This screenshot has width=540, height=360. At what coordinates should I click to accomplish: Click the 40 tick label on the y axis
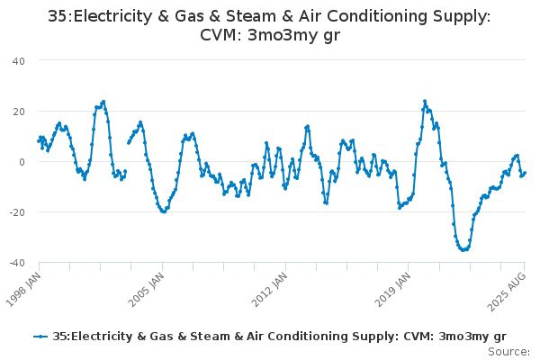(18, 60)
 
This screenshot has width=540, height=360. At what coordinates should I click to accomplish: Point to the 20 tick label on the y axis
(18, 111)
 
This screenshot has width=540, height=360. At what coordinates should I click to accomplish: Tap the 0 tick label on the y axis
(22, 162)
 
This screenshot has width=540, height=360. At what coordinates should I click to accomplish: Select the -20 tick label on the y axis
(16, 212)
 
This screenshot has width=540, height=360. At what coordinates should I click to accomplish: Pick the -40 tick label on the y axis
(16, 263)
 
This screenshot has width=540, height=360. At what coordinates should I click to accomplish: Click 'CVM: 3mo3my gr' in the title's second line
(270, 35)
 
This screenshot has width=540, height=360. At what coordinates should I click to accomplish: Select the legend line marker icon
(40, 337)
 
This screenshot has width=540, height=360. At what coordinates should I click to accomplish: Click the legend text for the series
(279, 337)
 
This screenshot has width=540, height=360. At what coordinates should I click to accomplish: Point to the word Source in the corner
(508, 351)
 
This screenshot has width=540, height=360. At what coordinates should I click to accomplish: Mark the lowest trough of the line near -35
(463, 249)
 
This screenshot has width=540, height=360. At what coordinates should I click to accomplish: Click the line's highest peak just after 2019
(425, 102)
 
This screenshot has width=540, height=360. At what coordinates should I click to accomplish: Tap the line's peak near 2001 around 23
(103, 102)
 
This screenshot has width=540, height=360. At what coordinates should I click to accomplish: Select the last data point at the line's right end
(525, 173)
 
